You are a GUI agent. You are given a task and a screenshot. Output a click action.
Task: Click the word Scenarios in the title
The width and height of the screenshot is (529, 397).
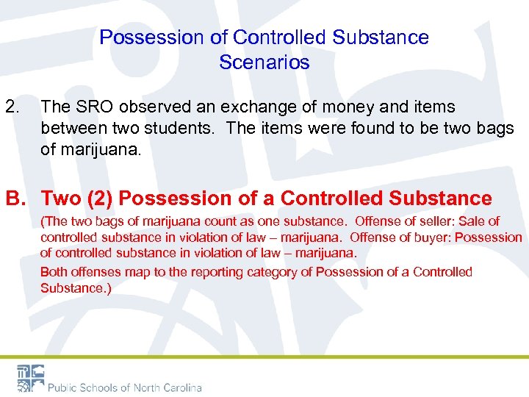[264, 62]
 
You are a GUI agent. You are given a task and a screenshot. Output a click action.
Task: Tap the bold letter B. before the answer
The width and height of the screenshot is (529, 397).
[16, 198]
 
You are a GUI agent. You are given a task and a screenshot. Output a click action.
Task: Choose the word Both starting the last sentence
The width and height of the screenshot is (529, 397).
[54, 272]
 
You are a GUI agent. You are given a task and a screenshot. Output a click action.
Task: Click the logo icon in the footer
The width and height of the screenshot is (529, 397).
[31, 378]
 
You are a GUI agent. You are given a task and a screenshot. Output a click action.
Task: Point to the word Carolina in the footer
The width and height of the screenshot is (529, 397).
[176, 387]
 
